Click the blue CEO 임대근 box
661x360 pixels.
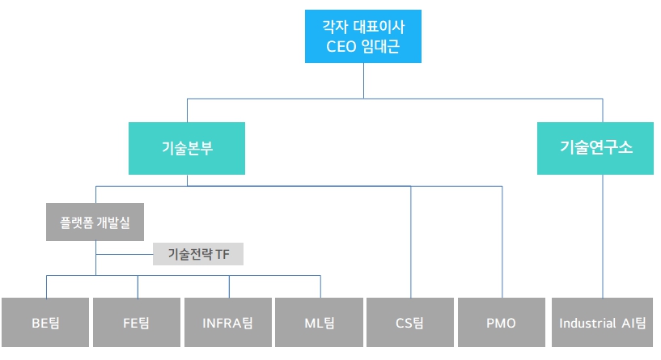362,36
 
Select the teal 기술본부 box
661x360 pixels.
186,148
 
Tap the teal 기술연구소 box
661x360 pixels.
595,148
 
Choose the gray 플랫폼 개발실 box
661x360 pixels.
95,221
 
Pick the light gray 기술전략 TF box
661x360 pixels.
198,254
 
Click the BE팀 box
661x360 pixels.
45,323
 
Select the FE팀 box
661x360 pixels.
137,323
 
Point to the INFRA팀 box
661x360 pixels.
228,323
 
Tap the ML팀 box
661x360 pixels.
320,323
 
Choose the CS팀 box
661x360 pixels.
410,323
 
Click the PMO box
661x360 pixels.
502,323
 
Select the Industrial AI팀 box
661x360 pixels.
603,323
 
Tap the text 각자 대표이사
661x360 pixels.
362,25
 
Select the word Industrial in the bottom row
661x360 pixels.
586,324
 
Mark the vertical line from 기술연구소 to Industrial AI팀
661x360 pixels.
603,235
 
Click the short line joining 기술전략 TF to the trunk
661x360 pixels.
125,254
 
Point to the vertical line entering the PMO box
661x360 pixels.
502,243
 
